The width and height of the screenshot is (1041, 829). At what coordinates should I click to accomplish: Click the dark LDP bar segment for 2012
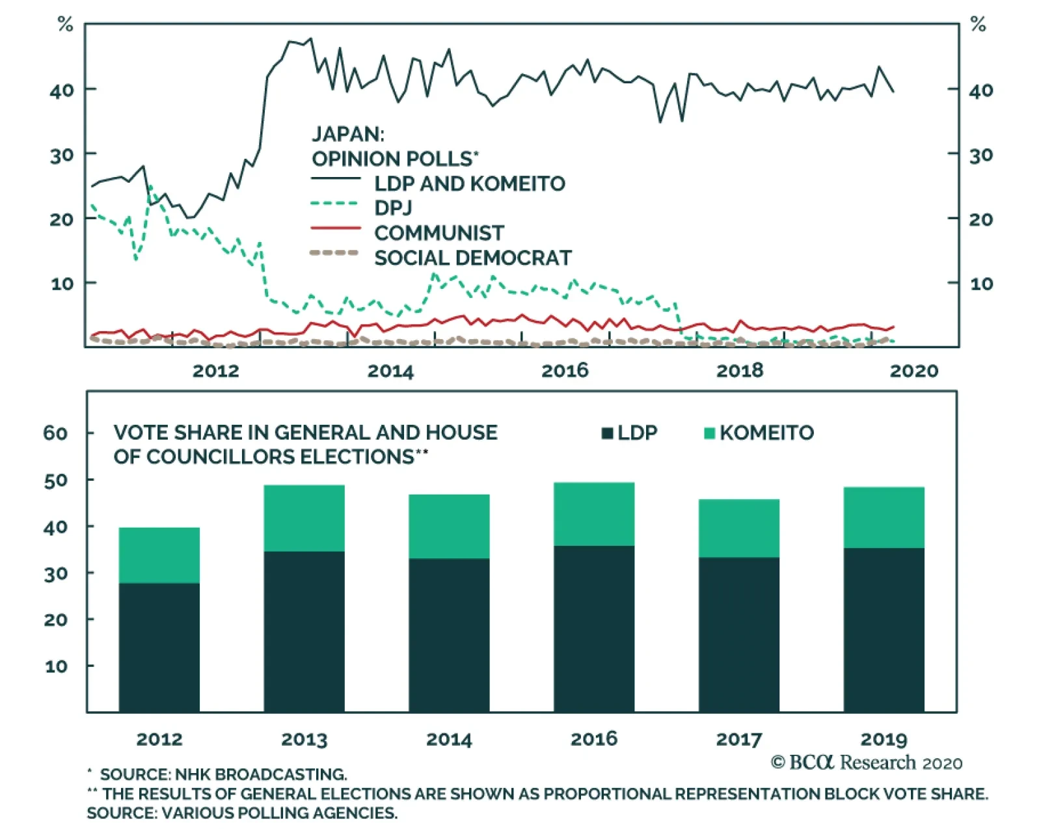pos(159,647)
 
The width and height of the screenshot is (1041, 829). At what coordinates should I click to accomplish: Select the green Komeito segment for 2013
pos(304,518)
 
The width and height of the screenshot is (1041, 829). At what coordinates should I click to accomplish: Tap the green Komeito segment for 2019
pos(884,517)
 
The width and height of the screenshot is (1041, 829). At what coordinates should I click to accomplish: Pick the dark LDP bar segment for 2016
pos(594,629)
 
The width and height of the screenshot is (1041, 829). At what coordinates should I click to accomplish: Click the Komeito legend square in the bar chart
pos(710,433)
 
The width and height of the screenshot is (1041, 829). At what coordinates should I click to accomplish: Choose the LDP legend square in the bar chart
pos(608,433)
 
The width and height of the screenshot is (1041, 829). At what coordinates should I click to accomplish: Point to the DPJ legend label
pos(393,208)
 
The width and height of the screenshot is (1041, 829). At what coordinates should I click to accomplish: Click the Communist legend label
pos(439,233)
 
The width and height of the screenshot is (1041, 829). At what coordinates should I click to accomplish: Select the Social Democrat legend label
pos(472,258)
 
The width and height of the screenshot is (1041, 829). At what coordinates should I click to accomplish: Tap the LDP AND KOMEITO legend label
pos(469,183)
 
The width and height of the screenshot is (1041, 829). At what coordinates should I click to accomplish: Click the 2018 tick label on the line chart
pos(740,370)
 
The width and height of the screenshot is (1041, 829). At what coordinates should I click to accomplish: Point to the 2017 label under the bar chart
pos(738,739)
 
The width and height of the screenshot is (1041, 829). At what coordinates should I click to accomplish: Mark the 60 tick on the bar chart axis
pos(55,433)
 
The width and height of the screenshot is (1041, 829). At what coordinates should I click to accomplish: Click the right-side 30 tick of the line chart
pos(980,155)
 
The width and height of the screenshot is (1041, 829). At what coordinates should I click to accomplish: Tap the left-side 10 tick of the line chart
pos(62,283)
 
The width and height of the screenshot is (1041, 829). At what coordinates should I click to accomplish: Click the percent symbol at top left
pos(65,25)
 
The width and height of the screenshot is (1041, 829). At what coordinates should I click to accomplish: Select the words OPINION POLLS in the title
pos(392,159)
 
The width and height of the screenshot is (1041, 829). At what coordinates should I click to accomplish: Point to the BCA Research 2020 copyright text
pos(866,762)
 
